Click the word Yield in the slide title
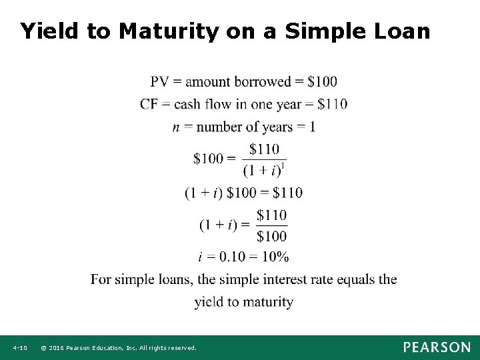(47, 31)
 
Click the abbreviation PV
(160, 82)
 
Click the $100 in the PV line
(323, 82)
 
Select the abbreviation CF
(150, 104)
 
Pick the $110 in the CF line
(333, 104)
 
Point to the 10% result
(275, 257)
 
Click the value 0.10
(229, 257)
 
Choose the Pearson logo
(436, 347)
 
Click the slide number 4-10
(19, 348)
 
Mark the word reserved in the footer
(182, 348)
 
